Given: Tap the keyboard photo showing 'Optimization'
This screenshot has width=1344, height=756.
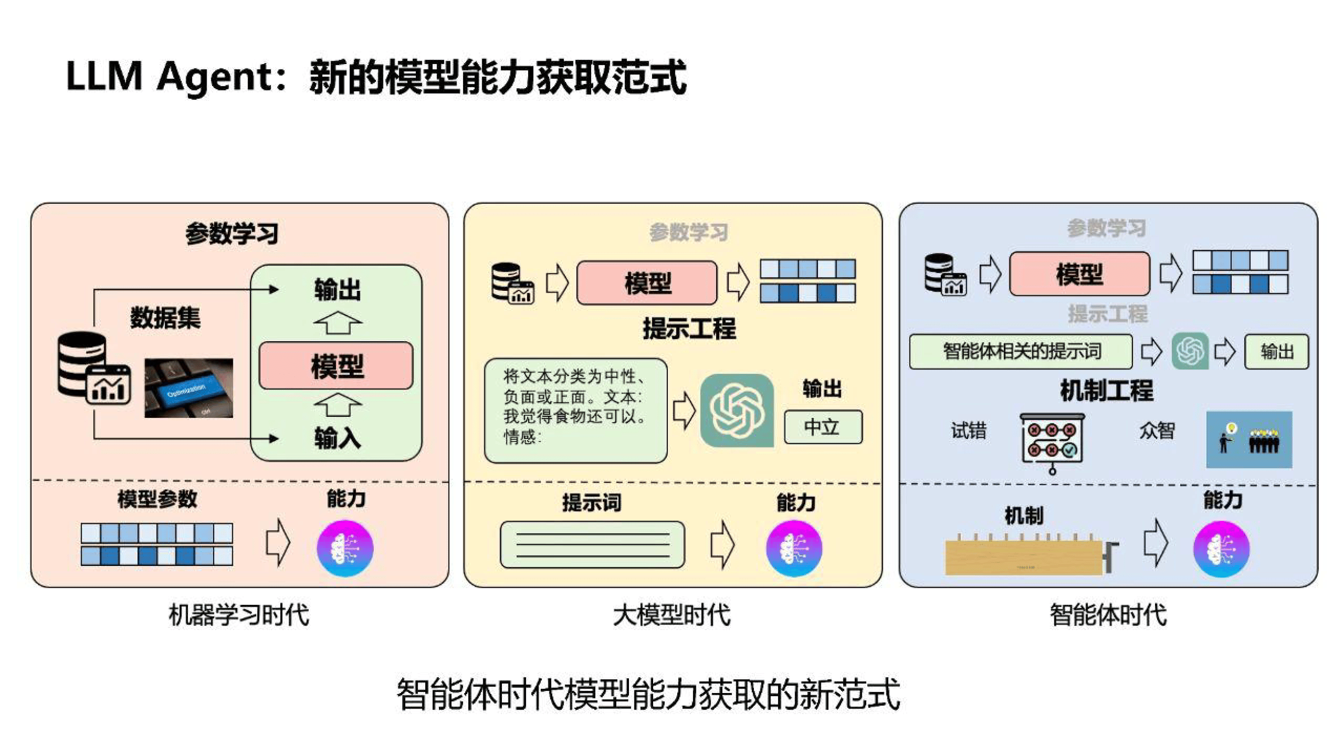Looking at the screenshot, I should [188, 388].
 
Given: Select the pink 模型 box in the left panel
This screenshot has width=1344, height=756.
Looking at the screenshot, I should [336, 366].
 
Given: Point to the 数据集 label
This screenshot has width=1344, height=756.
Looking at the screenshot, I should [165, 317].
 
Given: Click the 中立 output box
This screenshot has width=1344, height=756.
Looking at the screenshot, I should [823, 427].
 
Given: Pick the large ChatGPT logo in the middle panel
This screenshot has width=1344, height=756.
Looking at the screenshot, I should [737, 411].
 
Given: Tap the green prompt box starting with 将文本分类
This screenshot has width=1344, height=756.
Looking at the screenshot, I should [575, 411].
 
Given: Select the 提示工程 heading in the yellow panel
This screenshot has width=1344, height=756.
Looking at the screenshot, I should [689, 329].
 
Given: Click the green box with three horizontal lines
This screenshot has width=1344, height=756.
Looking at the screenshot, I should [592, 545].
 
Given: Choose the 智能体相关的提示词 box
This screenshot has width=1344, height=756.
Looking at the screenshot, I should [1020, 352].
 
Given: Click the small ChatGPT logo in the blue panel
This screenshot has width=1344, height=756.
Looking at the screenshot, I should [1190, 351].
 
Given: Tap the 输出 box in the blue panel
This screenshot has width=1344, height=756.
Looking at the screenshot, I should [1276, 352].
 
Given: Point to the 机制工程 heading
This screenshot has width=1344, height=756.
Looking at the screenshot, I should [1106, 391].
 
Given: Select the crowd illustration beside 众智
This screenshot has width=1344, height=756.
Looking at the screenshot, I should [1249, 439].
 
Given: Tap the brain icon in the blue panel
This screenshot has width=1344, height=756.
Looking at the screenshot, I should [1221, 548].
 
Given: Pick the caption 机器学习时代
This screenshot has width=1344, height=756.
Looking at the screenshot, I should [239, 614].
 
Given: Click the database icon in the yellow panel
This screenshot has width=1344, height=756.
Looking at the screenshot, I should [512, 283].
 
